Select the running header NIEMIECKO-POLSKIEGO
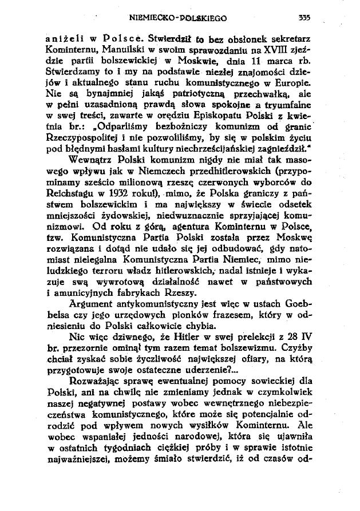pyautogui.click(x=179, y=18)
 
